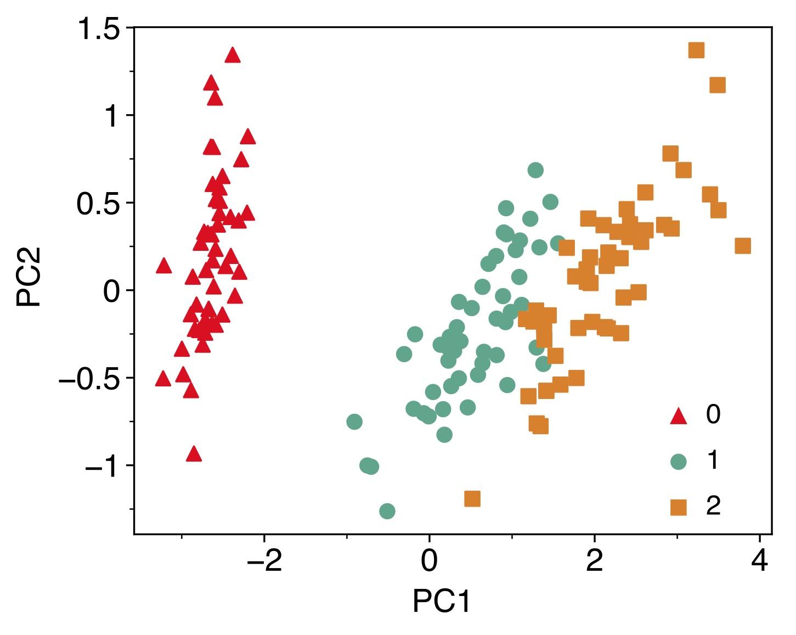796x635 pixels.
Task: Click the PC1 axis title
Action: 442,602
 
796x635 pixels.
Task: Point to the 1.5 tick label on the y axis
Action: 99,29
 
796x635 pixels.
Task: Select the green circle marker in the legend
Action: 679,462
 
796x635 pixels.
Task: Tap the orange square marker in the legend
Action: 679,507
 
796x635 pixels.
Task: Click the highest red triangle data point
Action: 233,55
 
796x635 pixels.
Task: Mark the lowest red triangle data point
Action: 194,454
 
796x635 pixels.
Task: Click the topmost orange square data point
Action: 696,50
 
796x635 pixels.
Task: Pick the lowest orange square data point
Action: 472,498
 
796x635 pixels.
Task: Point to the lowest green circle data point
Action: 387,511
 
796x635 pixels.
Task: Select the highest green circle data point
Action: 535,170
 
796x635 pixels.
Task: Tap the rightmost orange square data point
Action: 743,246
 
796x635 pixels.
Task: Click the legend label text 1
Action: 713,461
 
